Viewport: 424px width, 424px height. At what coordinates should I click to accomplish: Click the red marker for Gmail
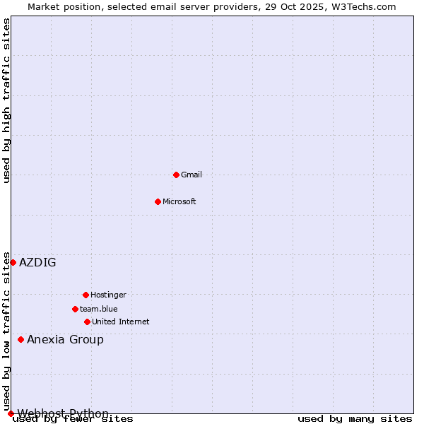176,175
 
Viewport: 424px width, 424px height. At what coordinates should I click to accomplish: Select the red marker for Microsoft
158,201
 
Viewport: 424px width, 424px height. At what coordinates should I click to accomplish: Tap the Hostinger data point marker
86,295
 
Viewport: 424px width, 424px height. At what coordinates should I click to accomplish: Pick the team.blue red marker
75,309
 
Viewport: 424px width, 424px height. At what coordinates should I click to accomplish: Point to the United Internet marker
87,322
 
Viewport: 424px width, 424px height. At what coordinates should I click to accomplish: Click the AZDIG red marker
13,262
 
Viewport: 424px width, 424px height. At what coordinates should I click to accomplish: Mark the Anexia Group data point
20,339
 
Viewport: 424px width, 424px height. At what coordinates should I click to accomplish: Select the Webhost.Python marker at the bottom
11,413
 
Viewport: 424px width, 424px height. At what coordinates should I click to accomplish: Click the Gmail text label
192,175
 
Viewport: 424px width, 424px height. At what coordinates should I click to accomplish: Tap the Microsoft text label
179,201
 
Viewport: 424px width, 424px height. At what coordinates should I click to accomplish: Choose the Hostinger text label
108,295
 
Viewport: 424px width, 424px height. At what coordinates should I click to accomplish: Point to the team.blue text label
99,309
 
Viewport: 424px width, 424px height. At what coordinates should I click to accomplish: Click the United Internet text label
121,322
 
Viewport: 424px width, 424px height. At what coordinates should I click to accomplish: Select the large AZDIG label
37,262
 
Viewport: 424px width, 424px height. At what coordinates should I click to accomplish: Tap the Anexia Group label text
65,339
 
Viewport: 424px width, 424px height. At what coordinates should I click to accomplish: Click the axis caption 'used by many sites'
355,419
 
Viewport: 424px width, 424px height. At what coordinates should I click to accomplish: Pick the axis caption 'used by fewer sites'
73,419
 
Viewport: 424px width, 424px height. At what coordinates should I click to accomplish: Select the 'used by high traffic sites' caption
6,100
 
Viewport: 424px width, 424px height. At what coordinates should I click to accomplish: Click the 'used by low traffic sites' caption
6,331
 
